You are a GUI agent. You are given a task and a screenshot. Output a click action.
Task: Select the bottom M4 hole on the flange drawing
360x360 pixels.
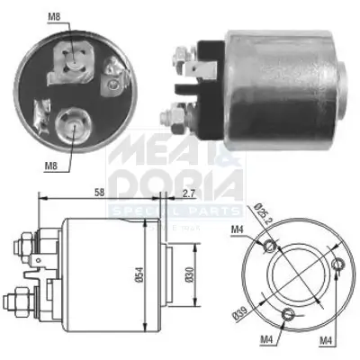[x=287, y=314]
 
